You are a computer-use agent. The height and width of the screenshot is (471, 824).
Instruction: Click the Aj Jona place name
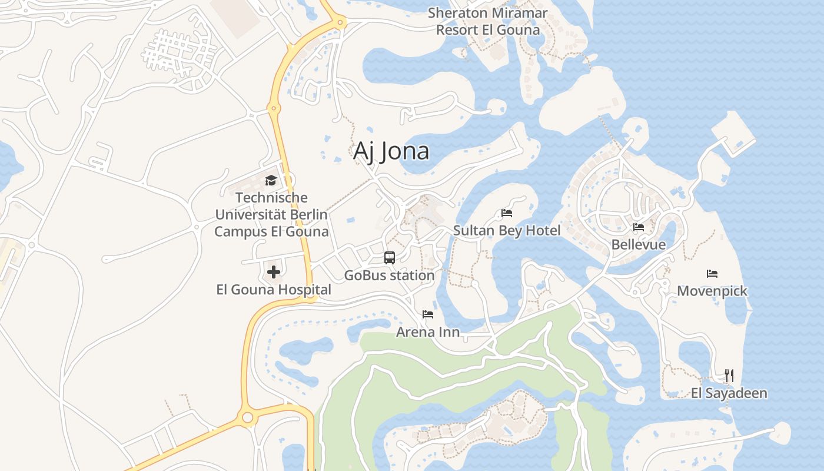[391, 151]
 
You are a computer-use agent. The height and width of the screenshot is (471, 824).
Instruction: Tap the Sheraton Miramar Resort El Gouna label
[487, 21]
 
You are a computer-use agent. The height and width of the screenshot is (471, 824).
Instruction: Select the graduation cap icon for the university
[271, 180]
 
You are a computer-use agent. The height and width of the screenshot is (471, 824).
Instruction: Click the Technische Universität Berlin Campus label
[271, 214]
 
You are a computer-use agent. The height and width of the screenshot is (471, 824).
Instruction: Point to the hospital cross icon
[274, 272]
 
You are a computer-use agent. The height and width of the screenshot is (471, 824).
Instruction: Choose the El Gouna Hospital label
[274, 290]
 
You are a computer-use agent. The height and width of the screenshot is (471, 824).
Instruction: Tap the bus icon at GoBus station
[390, 257]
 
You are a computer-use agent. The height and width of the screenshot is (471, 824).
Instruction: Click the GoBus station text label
[390, 275]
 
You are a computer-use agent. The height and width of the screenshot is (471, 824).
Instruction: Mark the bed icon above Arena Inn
[428, 314]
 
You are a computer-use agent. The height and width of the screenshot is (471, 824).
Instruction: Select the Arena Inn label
[428, 332]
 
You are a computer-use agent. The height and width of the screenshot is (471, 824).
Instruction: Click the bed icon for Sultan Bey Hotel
[507, 213]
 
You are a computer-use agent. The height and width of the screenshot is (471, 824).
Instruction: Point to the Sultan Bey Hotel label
[507, 230]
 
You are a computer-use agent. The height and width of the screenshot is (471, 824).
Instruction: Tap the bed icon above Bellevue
[639, 227]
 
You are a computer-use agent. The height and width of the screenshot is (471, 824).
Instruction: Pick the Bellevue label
[639, 244]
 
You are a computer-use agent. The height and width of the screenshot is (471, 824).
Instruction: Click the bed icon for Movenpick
[712, 273]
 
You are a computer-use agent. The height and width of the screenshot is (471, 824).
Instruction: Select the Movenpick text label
[712, 291]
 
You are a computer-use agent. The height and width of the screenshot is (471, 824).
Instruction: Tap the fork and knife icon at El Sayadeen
[729, 375]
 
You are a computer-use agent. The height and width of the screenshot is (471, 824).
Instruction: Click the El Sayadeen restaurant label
[729, 393]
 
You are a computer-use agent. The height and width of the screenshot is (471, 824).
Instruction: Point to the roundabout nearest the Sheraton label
[340, 22]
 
